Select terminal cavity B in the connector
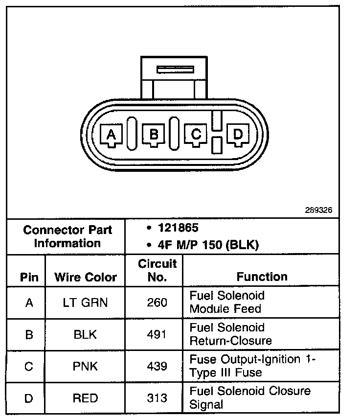tap(154, 134)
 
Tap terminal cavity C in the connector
tap(196, 134)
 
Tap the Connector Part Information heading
tap(67, 236)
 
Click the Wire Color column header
tap(86, 277)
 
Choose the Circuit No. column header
tap(157, 270)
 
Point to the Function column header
tap(262, 277)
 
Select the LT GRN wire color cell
tap(86, 303)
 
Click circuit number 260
tap(157, 303)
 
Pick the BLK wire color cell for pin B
tap(86, 334)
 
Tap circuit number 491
tap(157, 334)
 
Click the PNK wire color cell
tap(86, 366)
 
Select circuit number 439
tap(157, 366)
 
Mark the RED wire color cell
tap(86, 398)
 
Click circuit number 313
tap(157, 398)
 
